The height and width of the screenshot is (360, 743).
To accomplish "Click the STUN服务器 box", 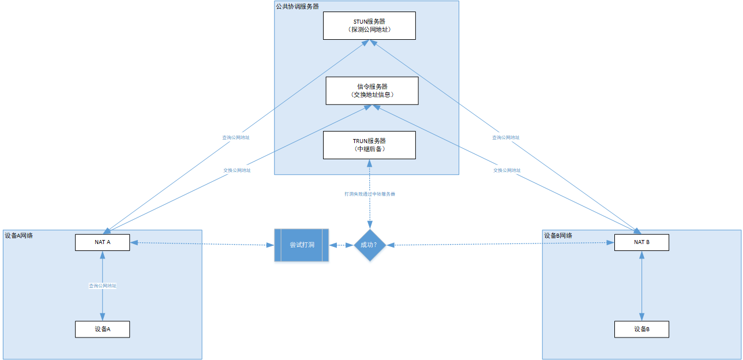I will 369,25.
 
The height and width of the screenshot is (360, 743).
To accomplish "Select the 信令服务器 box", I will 371,91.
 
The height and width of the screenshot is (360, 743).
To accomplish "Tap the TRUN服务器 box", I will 369,145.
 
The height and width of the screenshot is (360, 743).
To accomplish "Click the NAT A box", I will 102,242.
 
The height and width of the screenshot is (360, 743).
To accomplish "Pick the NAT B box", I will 641,242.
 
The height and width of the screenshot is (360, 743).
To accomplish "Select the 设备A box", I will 102,329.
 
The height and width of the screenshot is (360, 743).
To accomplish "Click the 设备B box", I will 641,329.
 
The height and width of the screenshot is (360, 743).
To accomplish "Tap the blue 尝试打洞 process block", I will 301,245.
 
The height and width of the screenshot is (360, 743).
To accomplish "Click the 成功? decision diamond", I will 369,245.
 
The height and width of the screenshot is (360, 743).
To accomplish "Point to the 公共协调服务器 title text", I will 297,6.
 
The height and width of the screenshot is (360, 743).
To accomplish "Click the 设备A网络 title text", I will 19,235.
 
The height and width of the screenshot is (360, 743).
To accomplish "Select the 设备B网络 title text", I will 558,235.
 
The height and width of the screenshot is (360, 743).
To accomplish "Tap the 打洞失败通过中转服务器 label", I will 369,194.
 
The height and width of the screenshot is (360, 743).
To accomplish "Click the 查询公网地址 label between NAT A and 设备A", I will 102,286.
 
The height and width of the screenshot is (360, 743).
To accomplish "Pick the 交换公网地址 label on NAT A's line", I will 237,171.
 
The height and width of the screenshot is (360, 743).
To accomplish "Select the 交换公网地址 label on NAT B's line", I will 506,171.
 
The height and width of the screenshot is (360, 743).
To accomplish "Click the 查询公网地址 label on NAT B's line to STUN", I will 505,138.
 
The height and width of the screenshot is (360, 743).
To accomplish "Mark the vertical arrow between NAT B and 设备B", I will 641,286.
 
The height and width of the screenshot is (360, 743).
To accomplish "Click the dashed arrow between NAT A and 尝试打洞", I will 202,244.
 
